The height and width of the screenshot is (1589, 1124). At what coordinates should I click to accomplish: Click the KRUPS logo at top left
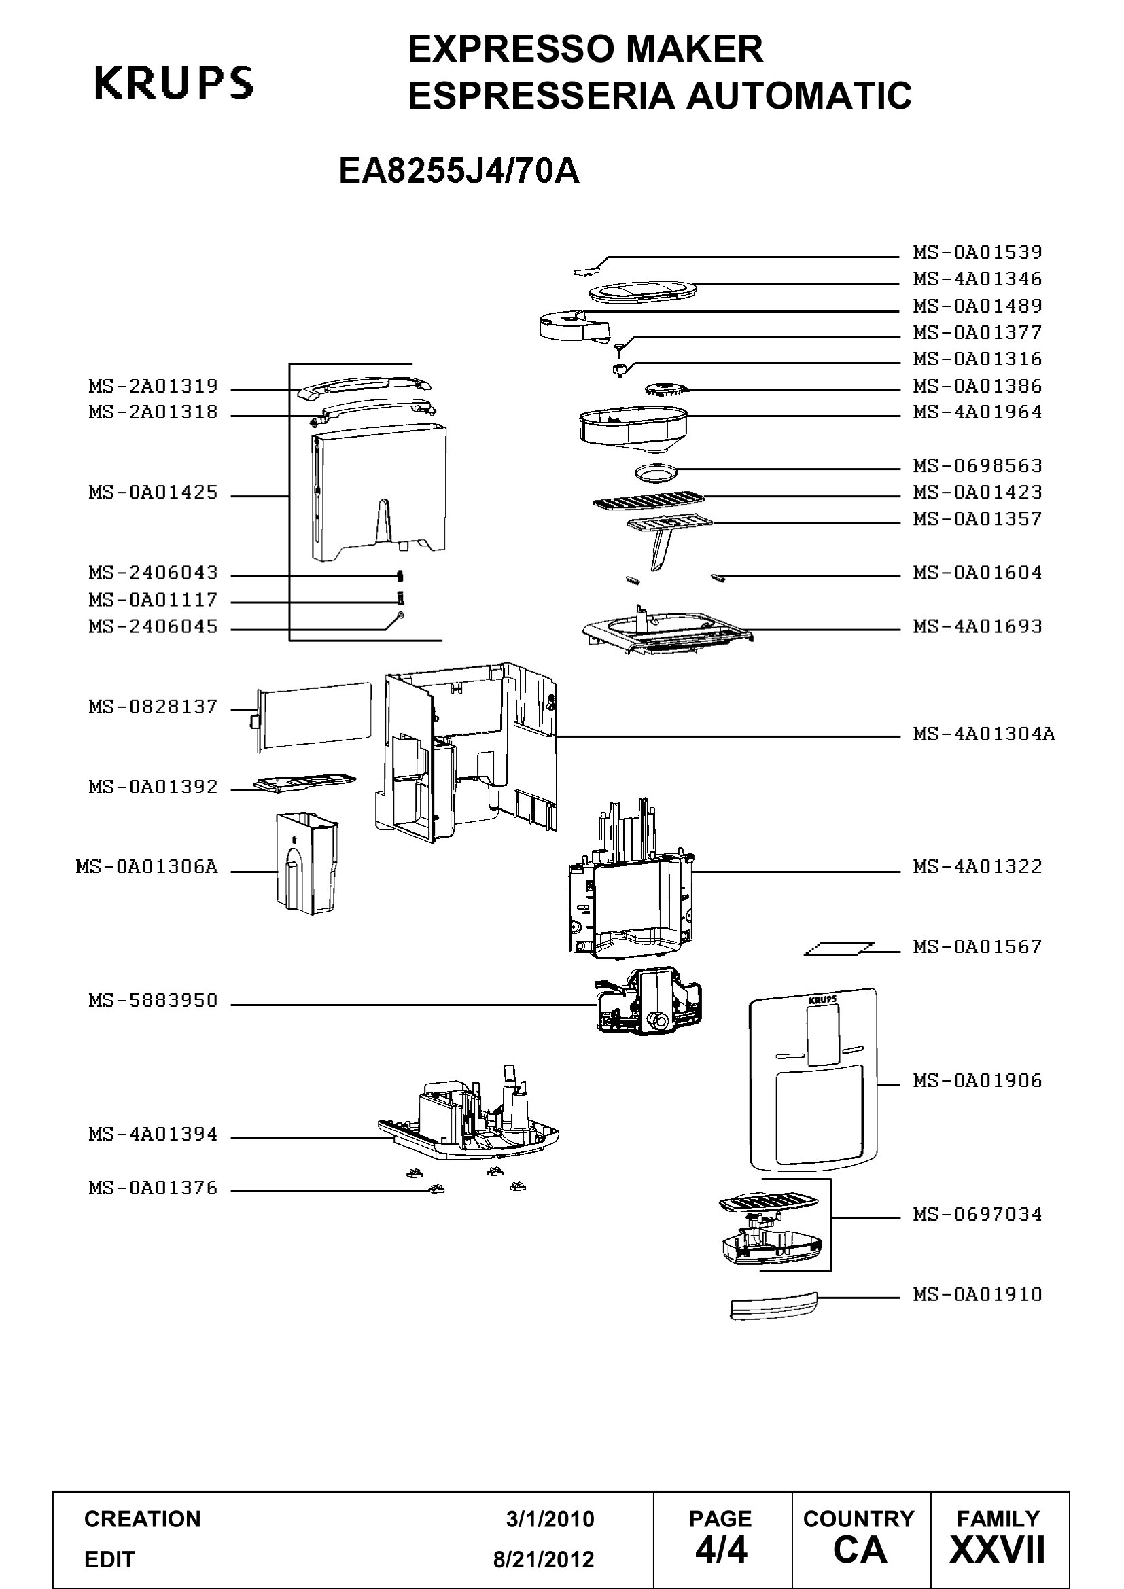pos(174,82)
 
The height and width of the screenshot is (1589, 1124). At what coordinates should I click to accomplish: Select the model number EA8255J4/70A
pos(459,171)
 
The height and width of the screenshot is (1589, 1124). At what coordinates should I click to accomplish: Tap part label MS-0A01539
pos(977,252)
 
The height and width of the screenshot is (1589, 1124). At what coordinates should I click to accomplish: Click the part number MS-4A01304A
pos(983,734)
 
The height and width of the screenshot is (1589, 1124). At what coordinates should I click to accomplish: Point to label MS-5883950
pos(153,1001)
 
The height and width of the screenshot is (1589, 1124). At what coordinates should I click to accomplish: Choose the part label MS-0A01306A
pos(147,867)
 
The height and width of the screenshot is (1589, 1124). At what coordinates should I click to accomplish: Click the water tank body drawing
pos(379,493)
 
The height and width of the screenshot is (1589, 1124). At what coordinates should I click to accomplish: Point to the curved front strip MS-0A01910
pos(774,1306)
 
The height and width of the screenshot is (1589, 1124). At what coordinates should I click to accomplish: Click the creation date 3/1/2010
pos(550,1519)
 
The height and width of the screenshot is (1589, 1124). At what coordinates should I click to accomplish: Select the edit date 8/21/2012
pos(544,1559)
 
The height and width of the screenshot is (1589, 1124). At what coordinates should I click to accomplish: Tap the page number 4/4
pos(721,1550)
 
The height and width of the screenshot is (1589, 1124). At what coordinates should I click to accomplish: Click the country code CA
pos(860,1550)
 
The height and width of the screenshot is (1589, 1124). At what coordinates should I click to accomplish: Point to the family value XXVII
pos(998,1550)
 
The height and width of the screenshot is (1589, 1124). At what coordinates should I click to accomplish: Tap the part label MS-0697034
pos(977,1215)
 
